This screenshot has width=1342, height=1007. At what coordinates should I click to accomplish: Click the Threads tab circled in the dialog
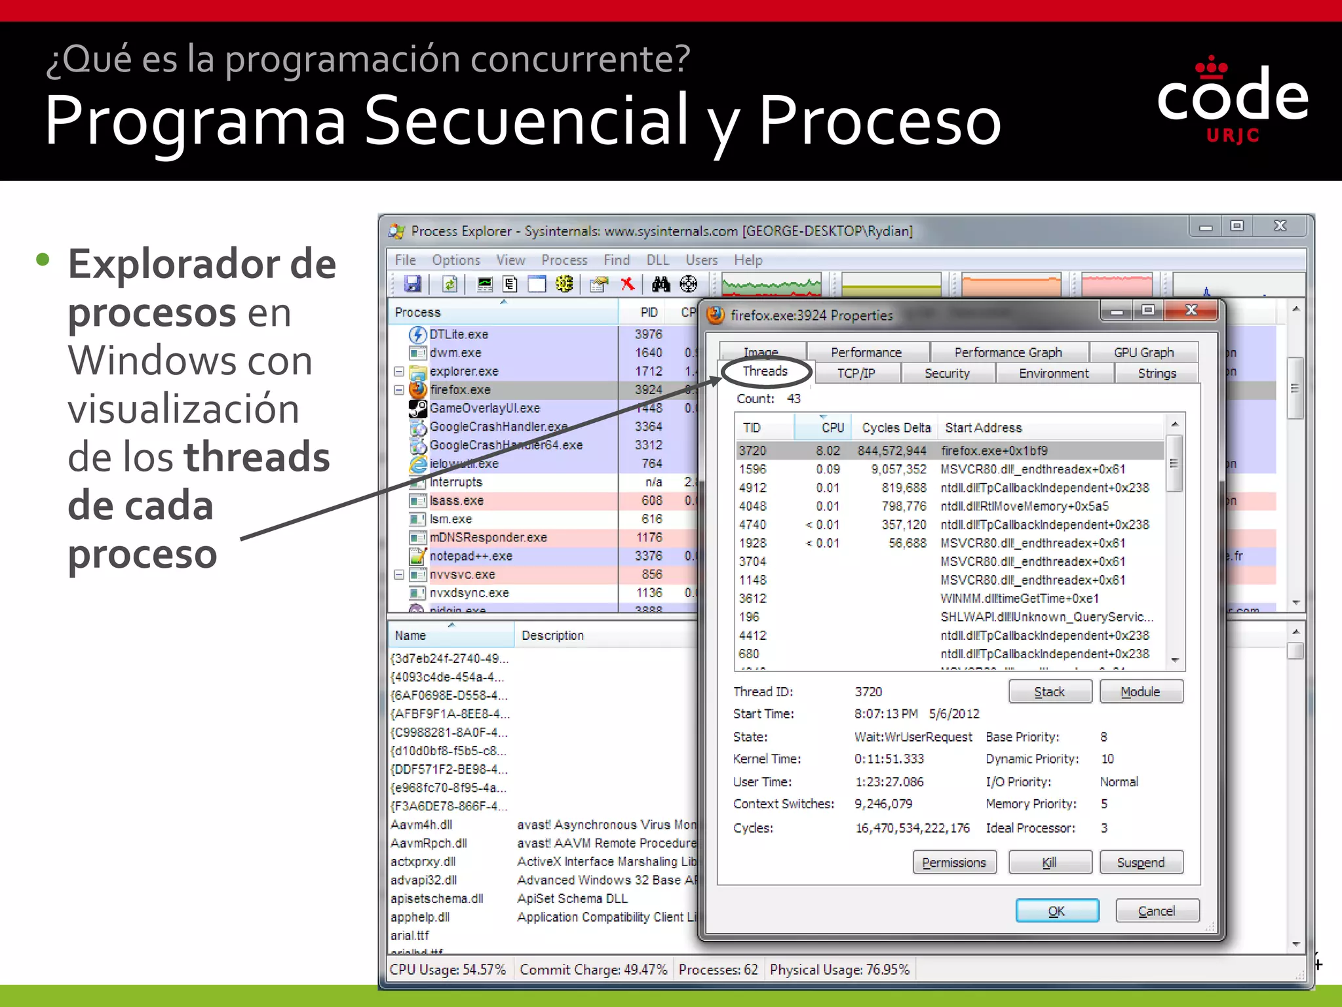pyautogui.click(x=765, y=371)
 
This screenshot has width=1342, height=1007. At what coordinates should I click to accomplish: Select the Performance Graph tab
pyautogui.click(x=1008, y=352)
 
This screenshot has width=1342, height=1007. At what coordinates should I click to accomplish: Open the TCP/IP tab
pyautogui.click(x=856, y=373)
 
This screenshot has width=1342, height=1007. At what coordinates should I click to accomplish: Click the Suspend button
pyautogui.click(x=1141, y=862)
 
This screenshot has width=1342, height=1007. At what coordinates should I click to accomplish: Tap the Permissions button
pyautogui.click(x=954, y=862)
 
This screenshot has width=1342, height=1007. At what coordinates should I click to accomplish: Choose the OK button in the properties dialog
pyautogui.click(x=1056, y=911)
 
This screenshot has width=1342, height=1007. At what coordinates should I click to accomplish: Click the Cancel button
pyautogui.click(x=1157, y=911)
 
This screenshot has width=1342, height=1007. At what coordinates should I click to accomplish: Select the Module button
pyautogui.click(x=1140, y=692)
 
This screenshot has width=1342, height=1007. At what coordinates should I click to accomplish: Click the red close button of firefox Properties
pyautogui.click(x=1191, y=310)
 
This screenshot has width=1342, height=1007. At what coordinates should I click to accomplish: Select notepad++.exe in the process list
pyautogui.click(x=470, y=556)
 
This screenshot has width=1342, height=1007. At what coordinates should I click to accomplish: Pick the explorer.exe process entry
pyautogui.click(x=464, y=371)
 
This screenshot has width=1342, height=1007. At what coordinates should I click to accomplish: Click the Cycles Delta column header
pyautogui.click(x=896, y=427)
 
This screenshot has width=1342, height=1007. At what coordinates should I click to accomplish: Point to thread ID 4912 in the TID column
pyautogui.click(x=752, y=488)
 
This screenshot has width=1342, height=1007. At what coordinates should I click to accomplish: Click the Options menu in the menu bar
pyautogui.click(x=455, y=260)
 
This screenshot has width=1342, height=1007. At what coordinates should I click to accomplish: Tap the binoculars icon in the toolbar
pyautogui.click(x=661, y=284)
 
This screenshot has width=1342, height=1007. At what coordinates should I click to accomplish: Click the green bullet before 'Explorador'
pyautogui.click(x=43, y=260)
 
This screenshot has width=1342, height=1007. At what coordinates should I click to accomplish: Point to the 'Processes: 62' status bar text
pyautogui.click(x=718, y=970)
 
